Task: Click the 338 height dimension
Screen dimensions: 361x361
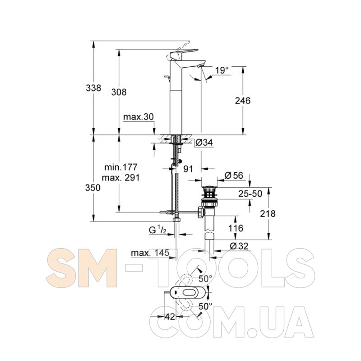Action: click(93, 88)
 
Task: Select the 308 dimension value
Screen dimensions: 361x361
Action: click(119, 92)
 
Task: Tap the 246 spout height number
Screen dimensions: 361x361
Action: click(243, 101)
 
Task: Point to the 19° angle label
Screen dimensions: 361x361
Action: click(222, 70)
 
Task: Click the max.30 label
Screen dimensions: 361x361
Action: click(139, 117)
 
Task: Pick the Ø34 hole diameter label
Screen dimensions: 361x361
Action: click(204, 143)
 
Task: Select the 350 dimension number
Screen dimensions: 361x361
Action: click(93, 188)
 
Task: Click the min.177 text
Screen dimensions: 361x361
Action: click(121, 167)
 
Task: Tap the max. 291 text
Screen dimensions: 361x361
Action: click(121, 177)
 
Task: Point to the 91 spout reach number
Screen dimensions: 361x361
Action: click(188, 169)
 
